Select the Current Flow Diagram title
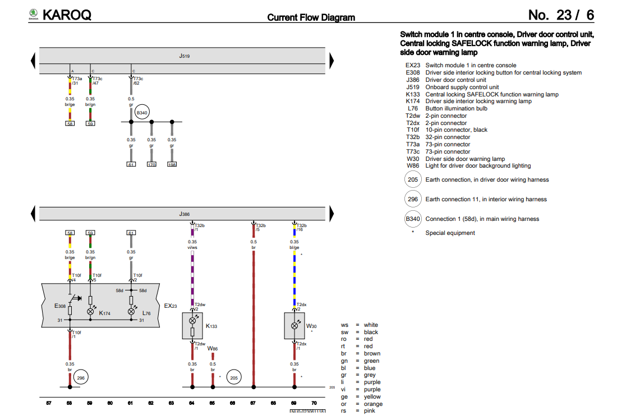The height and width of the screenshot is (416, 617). point(311,17)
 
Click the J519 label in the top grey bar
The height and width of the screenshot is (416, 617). point(183,57)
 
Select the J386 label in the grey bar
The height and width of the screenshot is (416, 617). point(183,214)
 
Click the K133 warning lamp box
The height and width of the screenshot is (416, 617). point(192,326)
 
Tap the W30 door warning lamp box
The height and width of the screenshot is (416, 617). point(294,326)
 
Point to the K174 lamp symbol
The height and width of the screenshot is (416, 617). point(90,311)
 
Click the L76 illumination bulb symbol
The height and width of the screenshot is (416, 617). point(131,311)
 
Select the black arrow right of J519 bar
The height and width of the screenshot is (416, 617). point(331,60)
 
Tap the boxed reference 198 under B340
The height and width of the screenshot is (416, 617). point(172,165)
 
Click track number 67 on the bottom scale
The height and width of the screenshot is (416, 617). point(253,403)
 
